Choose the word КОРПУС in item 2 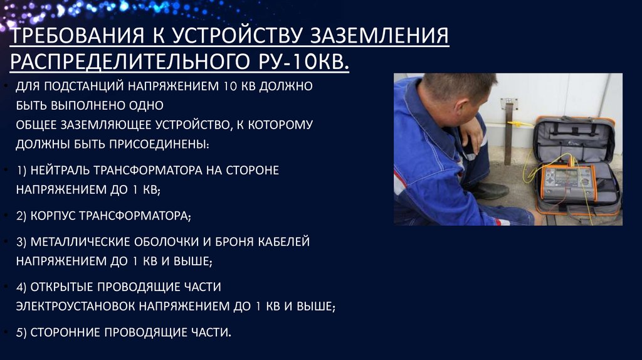point(55,216)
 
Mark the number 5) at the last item point(23,332)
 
